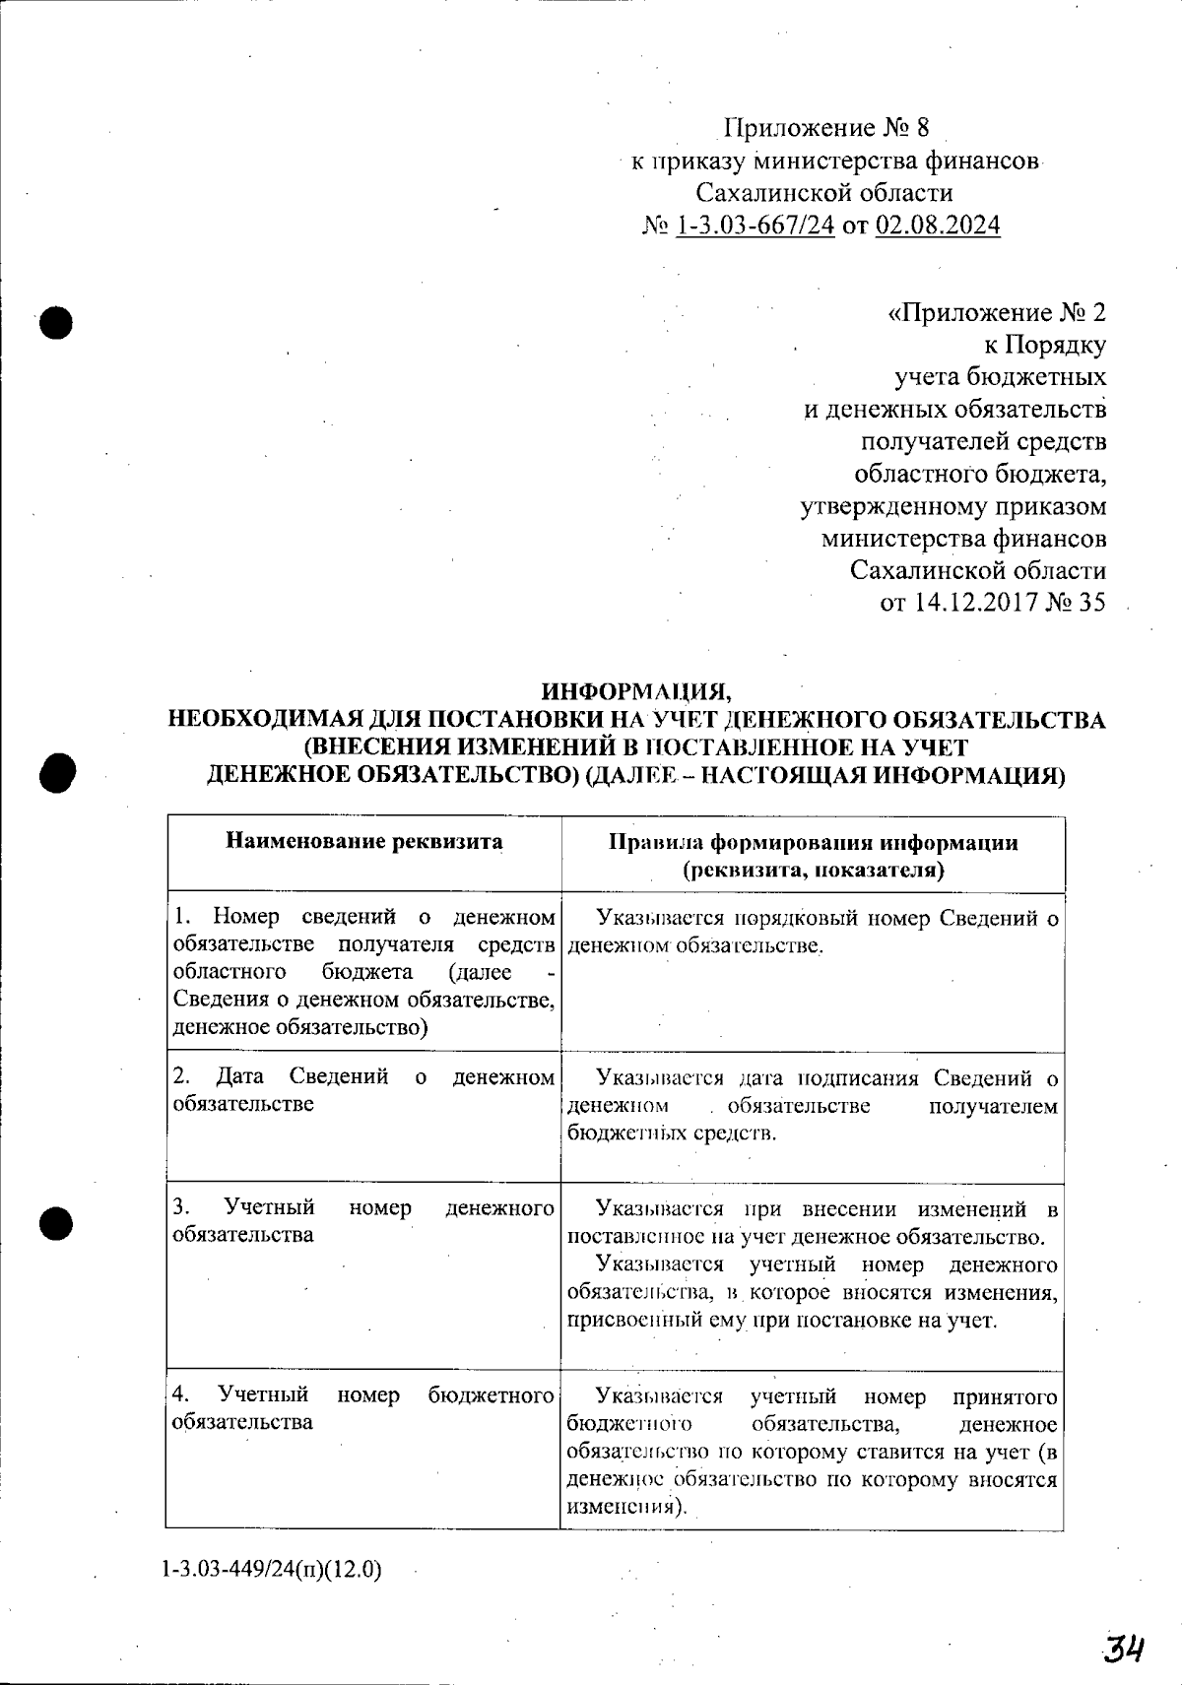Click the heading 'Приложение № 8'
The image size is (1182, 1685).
point(826,128)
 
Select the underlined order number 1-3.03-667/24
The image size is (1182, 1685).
point(755,226)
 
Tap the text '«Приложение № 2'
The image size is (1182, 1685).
point(996,312)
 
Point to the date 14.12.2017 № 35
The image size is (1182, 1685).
point(992,602)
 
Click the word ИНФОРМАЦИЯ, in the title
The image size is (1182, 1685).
point(638,687)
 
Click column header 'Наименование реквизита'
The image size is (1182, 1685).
point(364,841)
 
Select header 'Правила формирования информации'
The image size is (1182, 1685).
point(813,843)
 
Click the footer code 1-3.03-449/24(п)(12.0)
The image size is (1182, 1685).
point(272,1569)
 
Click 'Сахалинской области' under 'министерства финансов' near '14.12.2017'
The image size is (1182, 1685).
point(977,570)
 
